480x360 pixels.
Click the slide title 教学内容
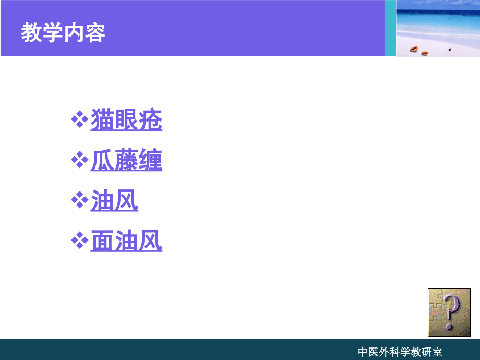[x=63, y=33]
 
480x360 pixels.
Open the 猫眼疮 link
[x=126, y=121]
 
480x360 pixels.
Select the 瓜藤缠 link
[x=126, y=161]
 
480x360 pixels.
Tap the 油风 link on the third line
[x=114, y=201]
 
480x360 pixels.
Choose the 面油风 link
[x=126, y=242]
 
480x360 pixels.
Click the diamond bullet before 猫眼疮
[x=79, y=120]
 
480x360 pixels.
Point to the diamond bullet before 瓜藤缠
[x=79, y=160]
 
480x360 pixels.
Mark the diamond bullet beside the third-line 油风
[x=79, y=201]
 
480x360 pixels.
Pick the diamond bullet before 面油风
[x=79, y=241]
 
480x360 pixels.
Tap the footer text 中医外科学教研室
[x=400, y=352]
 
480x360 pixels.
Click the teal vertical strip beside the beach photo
[x=390, y=28]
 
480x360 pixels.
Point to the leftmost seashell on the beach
[x=414, y=49]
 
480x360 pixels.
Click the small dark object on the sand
[x=449, y=50]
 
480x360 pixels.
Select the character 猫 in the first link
[x=102, y=121]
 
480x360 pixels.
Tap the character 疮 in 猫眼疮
[x=150, y=121]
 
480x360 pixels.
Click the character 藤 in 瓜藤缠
[x=126, y=161]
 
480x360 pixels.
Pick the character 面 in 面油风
[x=102, y=242]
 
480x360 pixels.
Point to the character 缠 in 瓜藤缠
[x=150, y=161]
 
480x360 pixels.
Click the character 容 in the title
[x=95, y=33]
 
